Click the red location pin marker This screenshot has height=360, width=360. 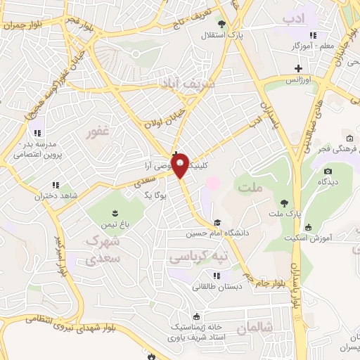point(181,166)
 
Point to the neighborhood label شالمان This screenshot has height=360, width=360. point(254,328)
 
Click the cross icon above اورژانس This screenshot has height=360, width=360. point(299,68)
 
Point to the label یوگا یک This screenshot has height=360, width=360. point(153,193)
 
